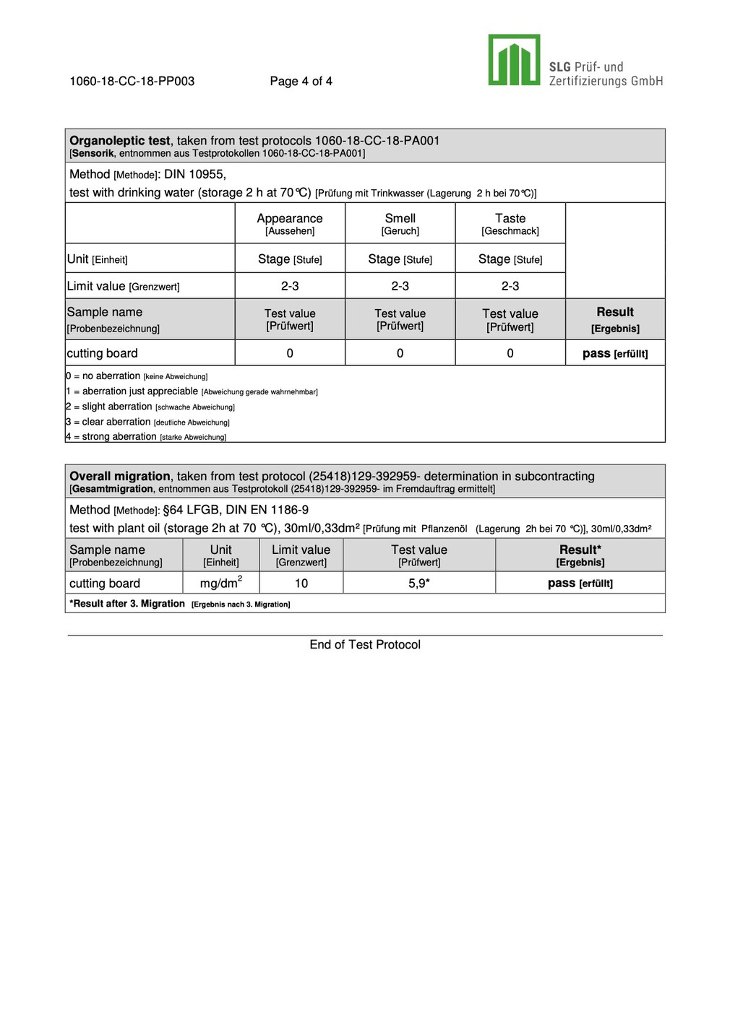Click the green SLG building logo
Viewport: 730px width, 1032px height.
pyautogui.click(x=514, y=60)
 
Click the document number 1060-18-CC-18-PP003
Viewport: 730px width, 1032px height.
pyautogui.click(x=132, y=81)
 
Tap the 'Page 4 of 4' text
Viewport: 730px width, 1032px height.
pyautogui.click(x=301, y=81)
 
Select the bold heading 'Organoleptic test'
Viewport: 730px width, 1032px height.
pyautogui.click(x=119, y=141)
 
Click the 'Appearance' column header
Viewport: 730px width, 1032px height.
pyautogui.click(x=290, y=218)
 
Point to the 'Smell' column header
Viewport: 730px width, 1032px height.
pyautogui.click(x=400, y=218)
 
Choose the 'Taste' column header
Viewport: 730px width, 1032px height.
pyautogui.click(x=510, y=218)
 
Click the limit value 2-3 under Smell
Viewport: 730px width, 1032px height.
pyautogui.click(x=400, y=286)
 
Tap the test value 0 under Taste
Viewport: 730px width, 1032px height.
pyautogui.click(x=510, y=353)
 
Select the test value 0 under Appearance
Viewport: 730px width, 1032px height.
pyautogui.click(x=290, y=353)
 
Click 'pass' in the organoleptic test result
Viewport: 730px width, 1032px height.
pyautogui.click(x=596, y=353)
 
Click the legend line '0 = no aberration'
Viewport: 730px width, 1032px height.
pyautogui.click(x=103, y=376)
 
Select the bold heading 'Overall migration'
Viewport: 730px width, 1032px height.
pyautogui.click(x=119, y=477)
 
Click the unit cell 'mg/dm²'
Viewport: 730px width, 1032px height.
pyautogui.click(x=220, y=583)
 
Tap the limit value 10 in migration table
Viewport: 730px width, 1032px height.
pyautogui.click(x=301, y=584)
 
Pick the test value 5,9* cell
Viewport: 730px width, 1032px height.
pyautogui.click(x=419, y=584)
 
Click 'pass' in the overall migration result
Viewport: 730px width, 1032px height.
pyautogui.click(x=562, y=583)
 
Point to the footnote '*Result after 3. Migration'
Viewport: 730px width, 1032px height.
pyautogui.click(x=128, y=604)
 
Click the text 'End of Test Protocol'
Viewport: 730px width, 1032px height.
pyautogui.click(x=365, y=645)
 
